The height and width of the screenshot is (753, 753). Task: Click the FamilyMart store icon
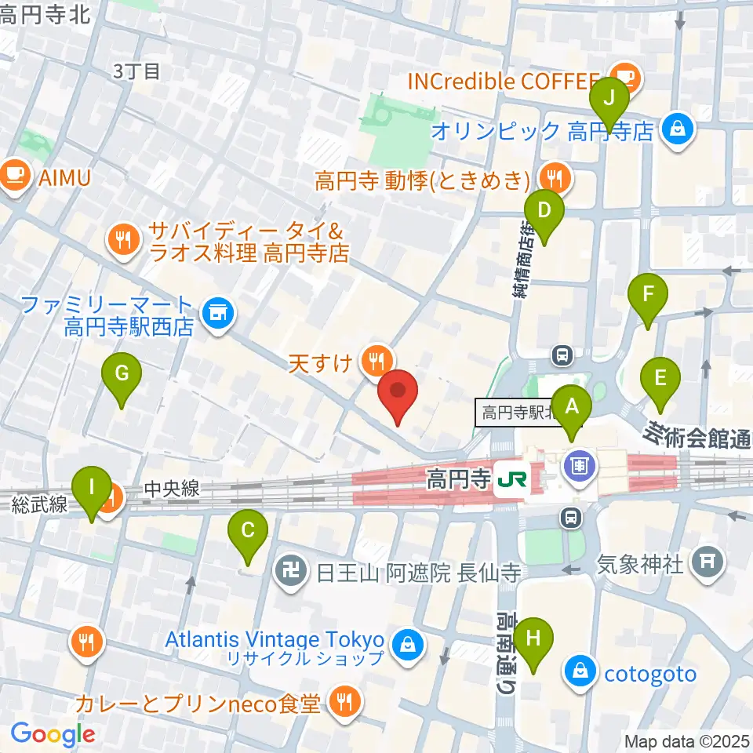click(x=216, y=315)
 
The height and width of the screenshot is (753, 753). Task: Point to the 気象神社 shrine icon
click(x=708, y=562)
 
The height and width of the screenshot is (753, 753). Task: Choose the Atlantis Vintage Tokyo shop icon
click(x=408, y=645)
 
